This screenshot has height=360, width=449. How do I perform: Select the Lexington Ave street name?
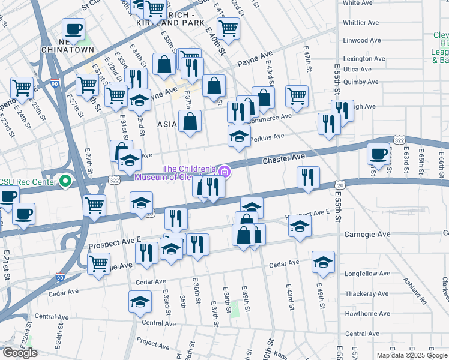point(364,59)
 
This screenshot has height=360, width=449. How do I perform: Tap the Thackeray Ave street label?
point(364,294)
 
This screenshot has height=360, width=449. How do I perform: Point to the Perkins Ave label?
point(267,137)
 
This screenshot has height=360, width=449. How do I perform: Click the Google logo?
point(20,353)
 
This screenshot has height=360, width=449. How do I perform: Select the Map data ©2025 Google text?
point(411,355)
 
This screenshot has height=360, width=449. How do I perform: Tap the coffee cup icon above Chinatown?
point(73,29)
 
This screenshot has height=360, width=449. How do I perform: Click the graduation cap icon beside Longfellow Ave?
point(323,262)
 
